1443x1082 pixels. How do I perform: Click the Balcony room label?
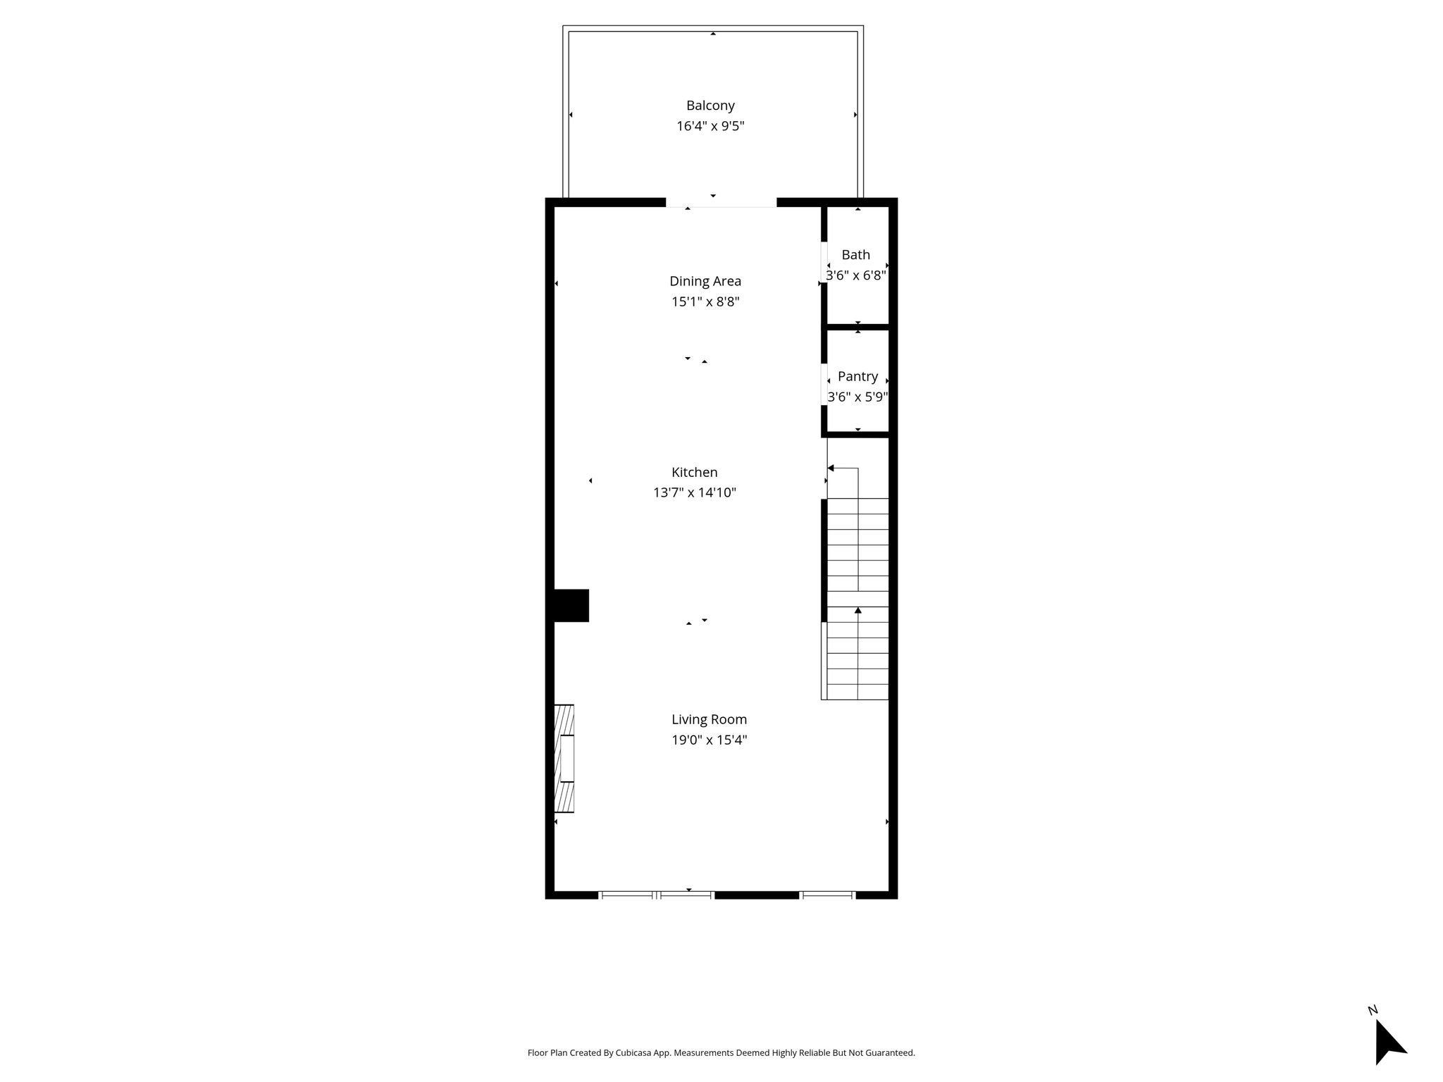pos(710,106)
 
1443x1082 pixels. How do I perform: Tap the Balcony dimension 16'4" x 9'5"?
pos(710,126)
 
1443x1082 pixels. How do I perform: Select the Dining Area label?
pos(705,281)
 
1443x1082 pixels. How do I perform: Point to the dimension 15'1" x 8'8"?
pos(705,301)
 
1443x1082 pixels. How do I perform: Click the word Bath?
pos(856,255)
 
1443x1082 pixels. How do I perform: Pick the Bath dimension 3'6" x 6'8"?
pos(856,275)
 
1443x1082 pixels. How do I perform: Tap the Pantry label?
pos(857,377)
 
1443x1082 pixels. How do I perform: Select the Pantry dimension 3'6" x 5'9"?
pos(857,397)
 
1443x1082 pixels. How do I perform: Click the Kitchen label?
pos(695,473)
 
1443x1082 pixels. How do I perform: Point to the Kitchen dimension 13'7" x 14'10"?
pos(695,492)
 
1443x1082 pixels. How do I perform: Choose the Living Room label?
pos(709,719)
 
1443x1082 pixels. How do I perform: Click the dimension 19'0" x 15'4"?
pos(709,740)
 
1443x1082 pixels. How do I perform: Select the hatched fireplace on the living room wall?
pos(564,759)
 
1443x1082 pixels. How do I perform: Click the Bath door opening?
pos(824,263)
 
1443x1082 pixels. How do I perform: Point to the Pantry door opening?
pos(824,384)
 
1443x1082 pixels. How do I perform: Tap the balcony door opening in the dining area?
pos(721,204)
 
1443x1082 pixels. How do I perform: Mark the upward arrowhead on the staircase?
pos(857,610)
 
